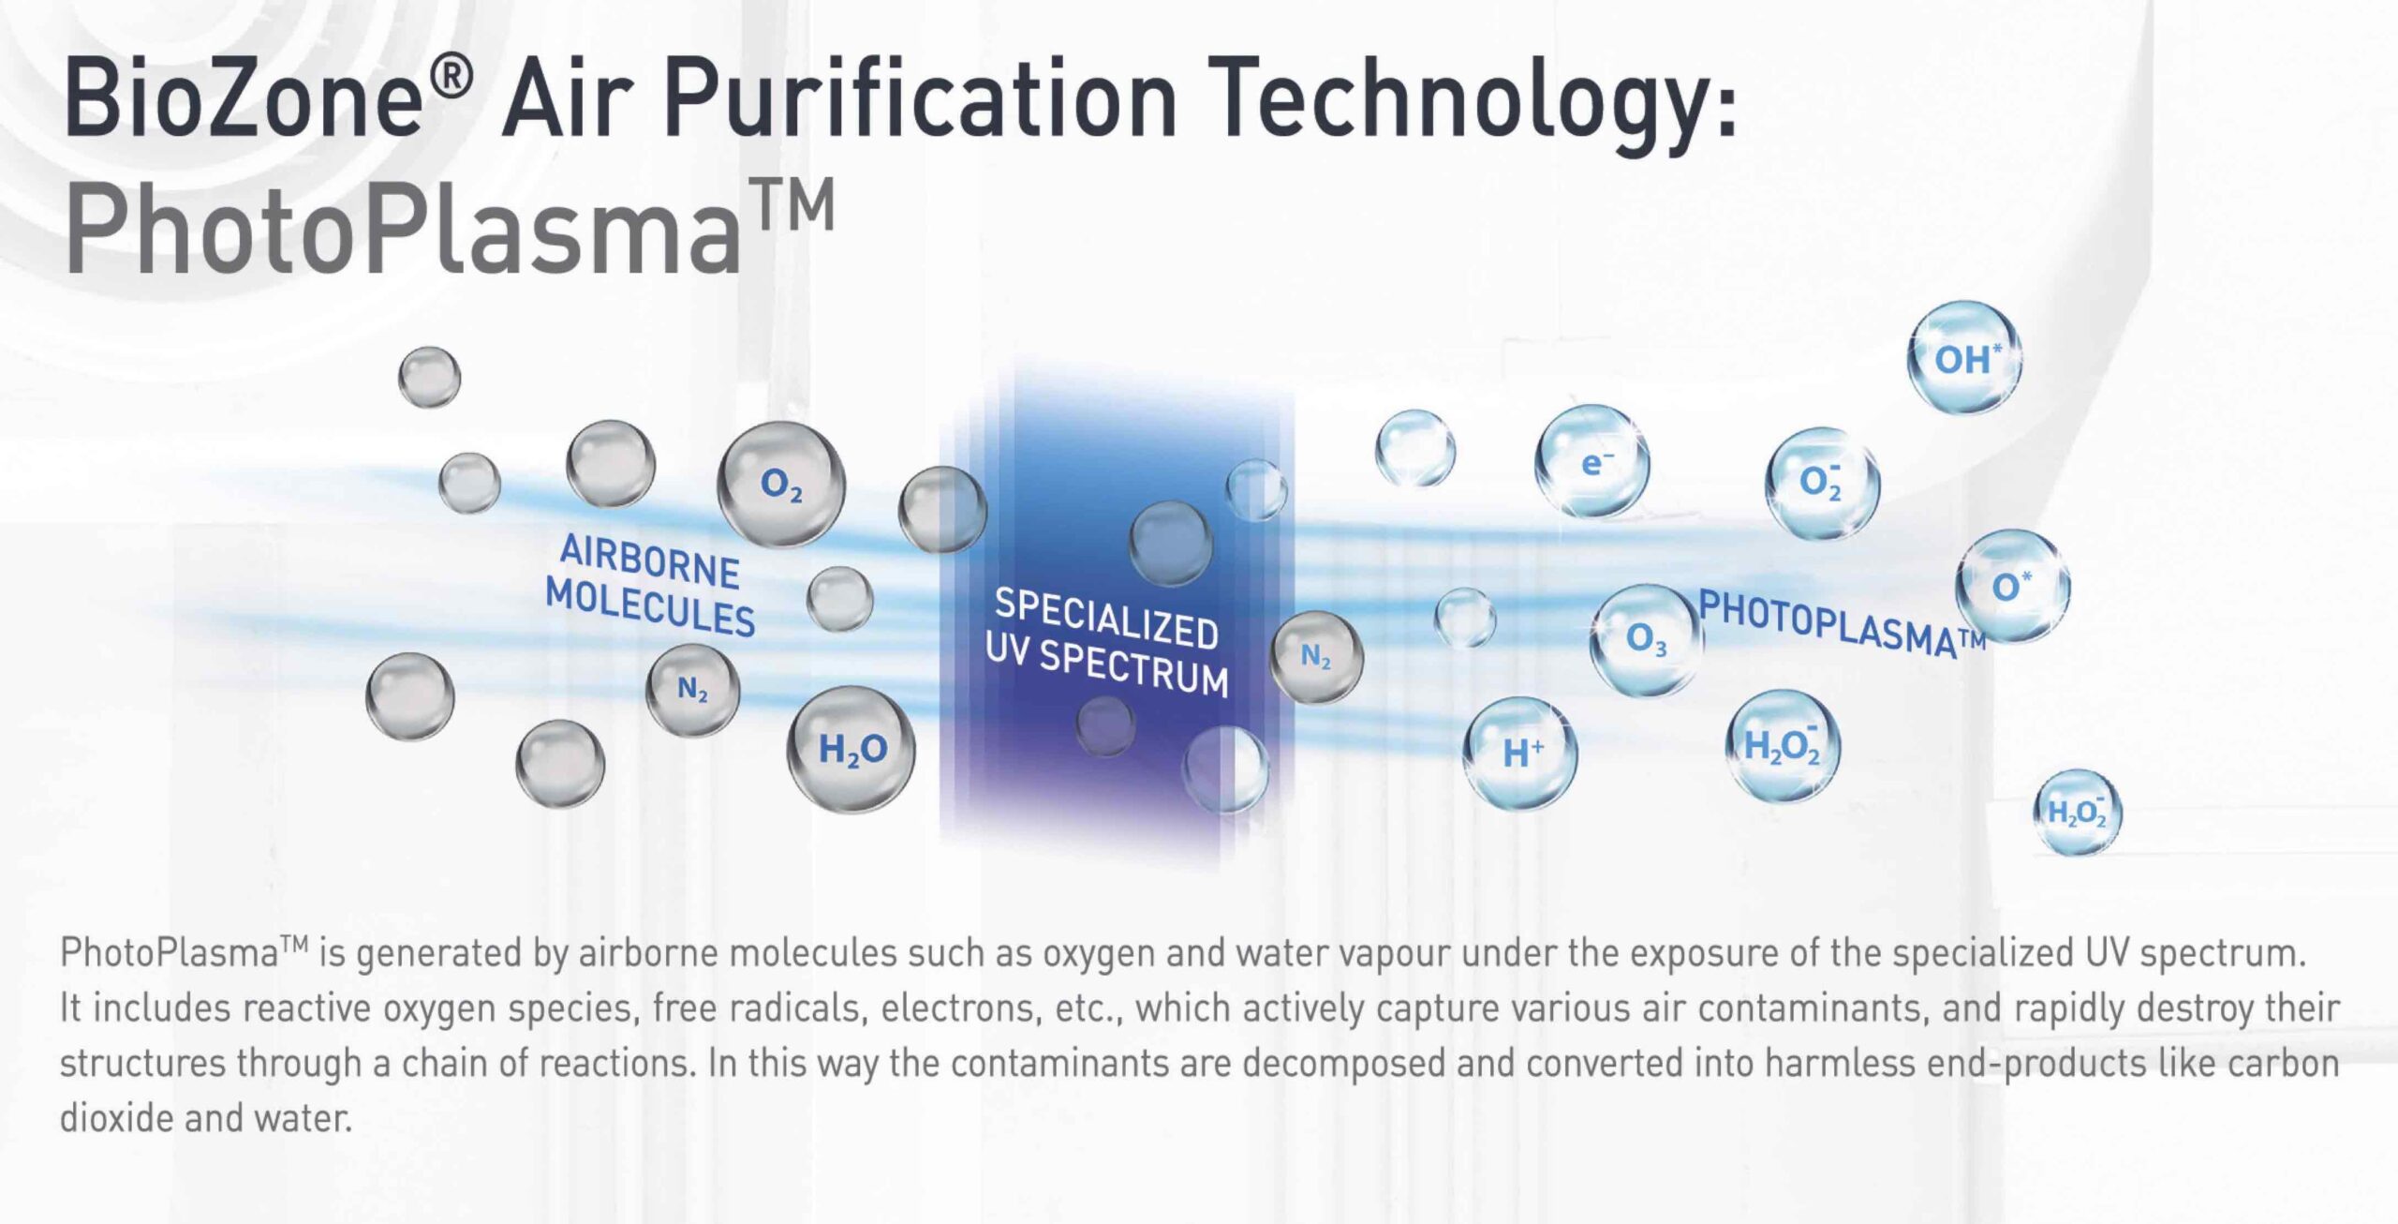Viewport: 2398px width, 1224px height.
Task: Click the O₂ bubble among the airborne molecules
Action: (x=781, y=485)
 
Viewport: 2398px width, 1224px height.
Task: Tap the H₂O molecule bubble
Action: (x=851, y=749)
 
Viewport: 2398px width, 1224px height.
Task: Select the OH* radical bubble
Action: (x=1964, y=357)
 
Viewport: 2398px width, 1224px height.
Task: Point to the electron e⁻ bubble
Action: (x=1592, y=462)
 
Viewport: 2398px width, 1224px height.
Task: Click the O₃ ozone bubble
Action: (x=1646, y=640)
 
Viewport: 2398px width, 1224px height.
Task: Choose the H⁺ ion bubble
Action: (x=1520, y=754)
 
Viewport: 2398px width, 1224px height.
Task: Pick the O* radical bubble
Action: (x=2012, y=587)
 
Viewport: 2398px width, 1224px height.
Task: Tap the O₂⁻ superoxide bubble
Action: (x=1822, y=484)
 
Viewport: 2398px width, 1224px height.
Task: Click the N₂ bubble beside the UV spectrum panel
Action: (x=1316, y=657)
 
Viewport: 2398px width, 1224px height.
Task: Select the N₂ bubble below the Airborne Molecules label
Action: (x=692, y=690)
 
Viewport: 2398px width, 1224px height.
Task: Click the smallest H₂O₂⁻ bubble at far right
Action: (x=2078, y=812)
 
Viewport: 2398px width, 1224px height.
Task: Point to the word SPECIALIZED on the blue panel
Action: (x=1106, y=618)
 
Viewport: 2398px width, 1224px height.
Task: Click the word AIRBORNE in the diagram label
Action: (x=649, y=560)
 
